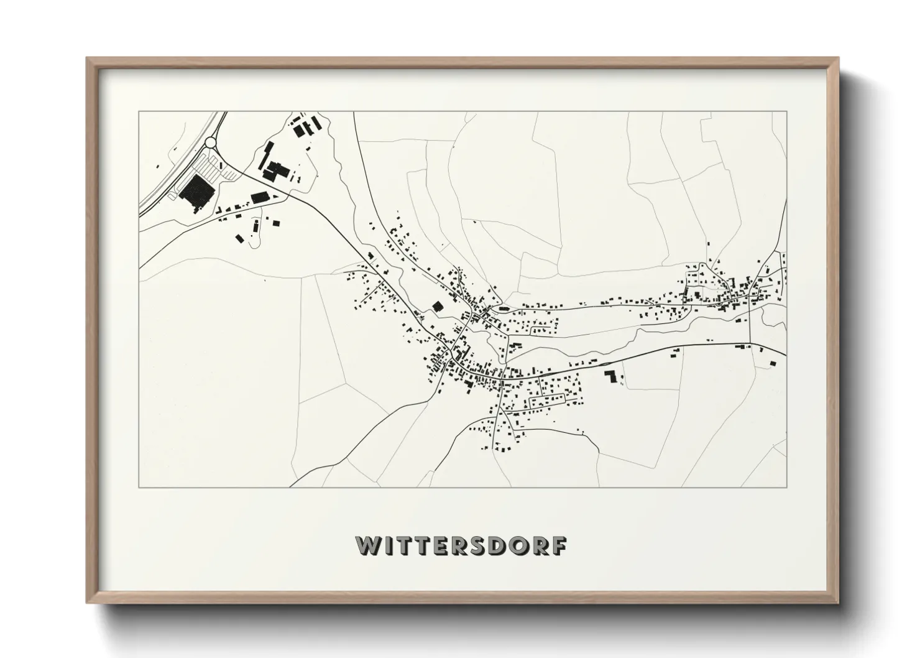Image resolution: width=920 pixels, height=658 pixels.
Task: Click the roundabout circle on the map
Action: tap(211, 143)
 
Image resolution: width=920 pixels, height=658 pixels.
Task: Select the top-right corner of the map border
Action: tap(786, 112)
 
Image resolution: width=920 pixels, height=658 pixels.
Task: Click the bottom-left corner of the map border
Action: tap(139, 487)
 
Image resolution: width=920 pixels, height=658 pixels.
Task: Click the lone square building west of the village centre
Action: tap(437, 306)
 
